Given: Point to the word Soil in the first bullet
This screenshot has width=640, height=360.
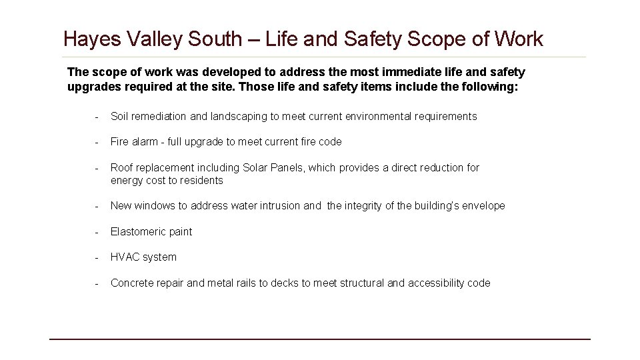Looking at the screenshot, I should pos(119,117).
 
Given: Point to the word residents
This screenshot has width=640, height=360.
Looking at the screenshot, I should pos(201,181).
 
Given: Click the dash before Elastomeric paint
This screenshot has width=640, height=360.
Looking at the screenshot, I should pos(97,232).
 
